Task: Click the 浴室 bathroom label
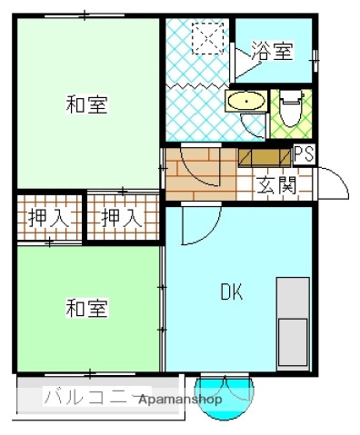tap(273, 51)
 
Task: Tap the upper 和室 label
tap(86, 105)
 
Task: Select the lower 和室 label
tap(86, 309)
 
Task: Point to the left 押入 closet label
tap(45, 218)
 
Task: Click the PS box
tap(305, 153)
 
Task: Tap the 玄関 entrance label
tap(275, 186)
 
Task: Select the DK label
tap(232, 292)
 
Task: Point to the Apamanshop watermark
tap(181, 399)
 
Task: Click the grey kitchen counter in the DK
tap(293, 321)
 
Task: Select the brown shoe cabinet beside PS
tap(265, 155)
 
